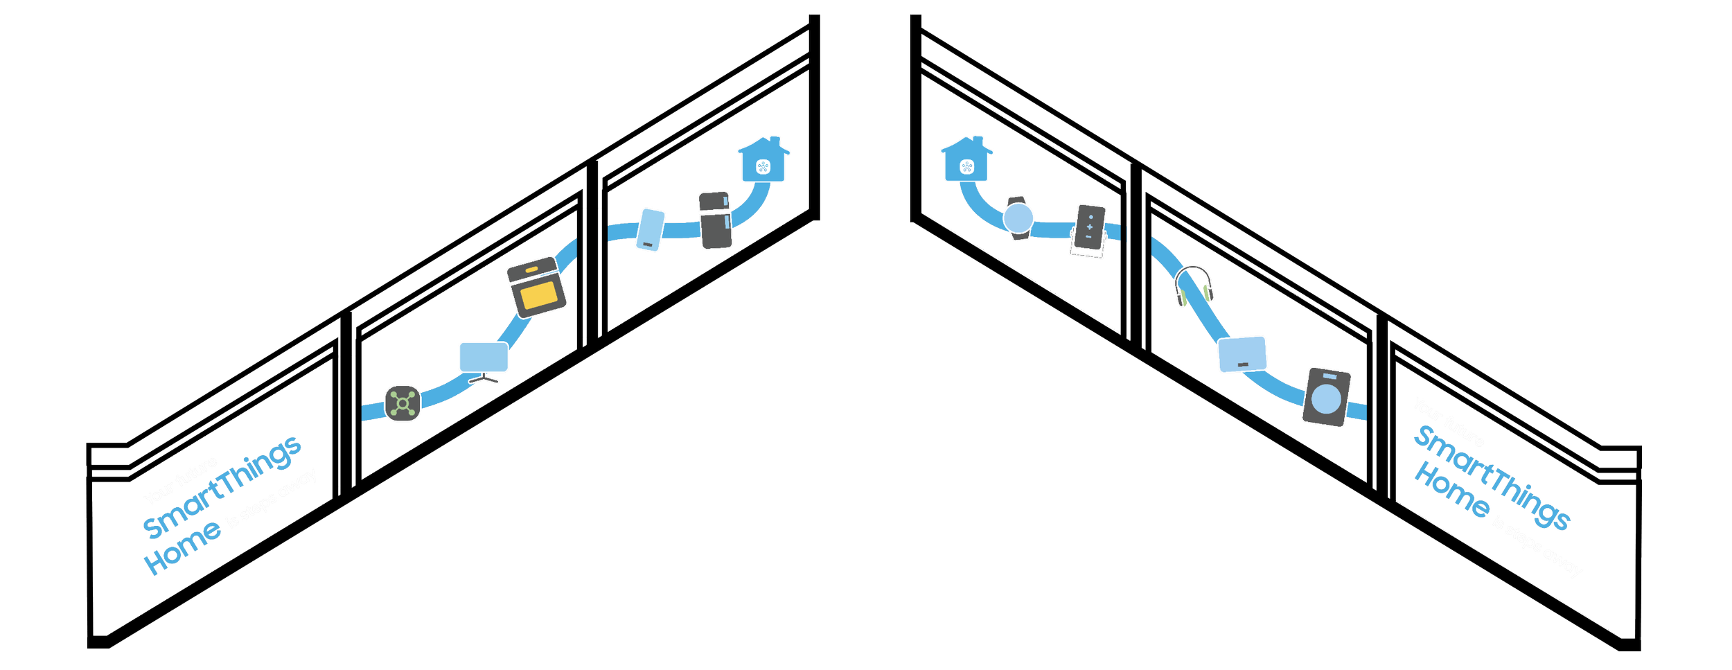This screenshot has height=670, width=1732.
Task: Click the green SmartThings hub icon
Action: tap(403, 403)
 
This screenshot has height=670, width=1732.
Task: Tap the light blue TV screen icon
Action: tap(483, 357)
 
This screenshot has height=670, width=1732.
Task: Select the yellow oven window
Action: tap(539, 295)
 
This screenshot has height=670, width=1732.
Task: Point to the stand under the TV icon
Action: tap(485, 379)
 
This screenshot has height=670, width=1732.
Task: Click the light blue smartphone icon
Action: tap(650, 229)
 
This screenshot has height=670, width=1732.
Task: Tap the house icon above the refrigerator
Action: tap(763, 160)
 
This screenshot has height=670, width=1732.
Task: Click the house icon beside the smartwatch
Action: tap(967, 160)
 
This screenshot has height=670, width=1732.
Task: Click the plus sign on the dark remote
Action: tap(1090, 227)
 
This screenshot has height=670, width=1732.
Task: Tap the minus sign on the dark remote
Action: tap(1089, 237)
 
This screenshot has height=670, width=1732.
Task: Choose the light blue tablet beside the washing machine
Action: tap(1243, 354)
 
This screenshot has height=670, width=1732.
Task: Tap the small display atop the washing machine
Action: tap(1329, 376)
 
